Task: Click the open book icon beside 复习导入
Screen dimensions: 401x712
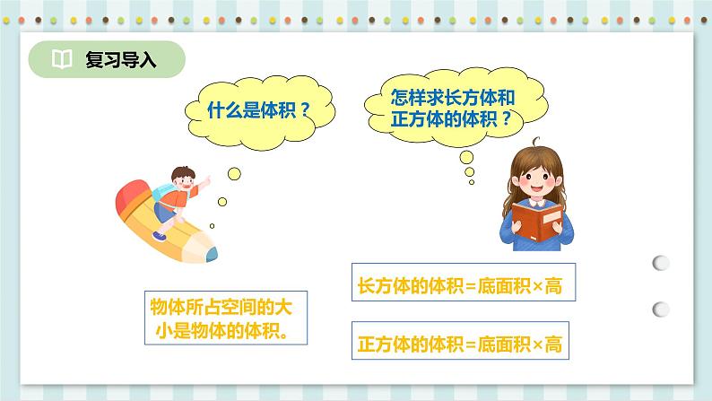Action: click(61, 60)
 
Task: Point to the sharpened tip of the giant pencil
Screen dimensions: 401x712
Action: click(212, 255)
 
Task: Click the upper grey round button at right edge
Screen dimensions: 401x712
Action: click(660, 263)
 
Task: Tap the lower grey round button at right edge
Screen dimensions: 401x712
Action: click(660, 309)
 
